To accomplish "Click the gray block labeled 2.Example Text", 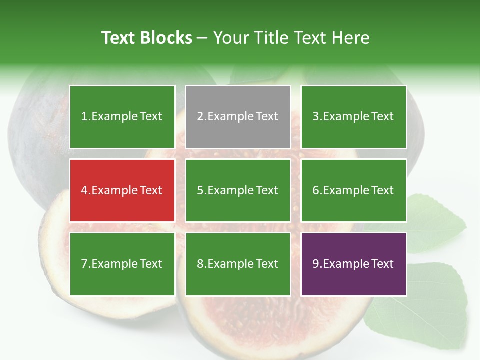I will [238, 117].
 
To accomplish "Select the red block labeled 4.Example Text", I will [122, 190].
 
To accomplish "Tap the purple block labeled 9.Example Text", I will [353, 264].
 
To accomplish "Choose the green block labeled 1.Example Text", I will [122, 117].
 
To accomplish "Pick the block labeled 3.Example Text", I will [353, 117].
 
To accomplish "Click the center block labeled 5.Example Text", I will [238, 190].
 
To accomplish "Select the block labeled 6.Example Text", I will [353, 190].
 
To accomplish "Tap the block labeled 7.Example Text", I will [122, 264].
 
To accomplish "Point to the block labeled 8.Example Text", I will [238, 264].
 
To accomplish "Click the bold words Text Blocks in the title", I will [146, 38].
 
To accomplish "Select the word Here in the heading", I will [352, 38].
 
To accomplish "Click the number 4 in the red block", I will [84, 190].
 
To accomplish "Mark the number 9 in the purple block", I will [315, 264].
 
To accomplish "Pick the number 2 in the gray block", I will [200, 117].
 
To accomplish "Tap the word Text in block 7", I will [151, 264].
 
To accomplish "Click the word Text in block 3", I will [383, 117].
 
